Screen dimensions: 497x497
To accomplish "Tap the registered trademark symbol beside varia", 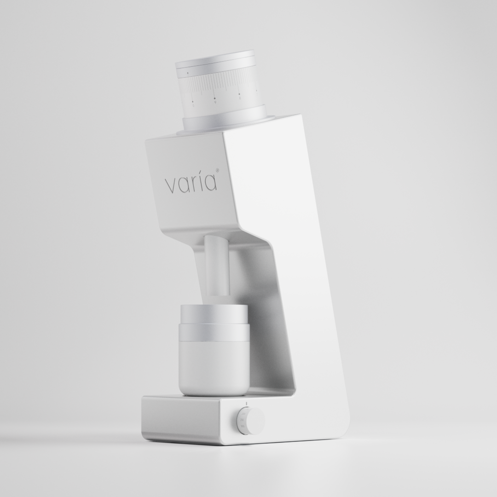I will pos(218,171).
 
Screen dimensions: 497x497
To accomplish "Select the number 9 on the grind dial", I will pos(215,102).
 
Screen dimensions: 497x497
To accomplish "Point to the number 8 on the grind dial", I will pos(240,98).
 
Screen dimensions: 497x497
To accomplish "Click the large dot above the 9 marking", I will pos(214,98).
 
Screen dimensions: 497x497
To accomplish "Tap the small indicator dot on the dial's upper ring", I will pos(188,73).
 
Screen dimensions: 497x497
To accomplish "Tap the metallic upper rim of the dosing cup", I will pos(214,314).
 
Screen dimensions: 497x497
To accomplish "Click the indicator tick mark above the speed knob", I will pos(247,404).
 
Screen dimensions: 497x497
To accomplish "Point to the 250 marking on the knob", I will pos(242,420).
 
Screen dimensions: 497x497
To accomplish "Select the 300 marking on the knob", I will pos(243,426).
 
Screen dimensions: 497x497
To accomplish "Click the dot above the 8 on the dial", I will pos(239,94).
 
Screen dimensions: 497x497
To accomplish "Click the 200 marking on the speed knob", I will pos(243,414).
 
